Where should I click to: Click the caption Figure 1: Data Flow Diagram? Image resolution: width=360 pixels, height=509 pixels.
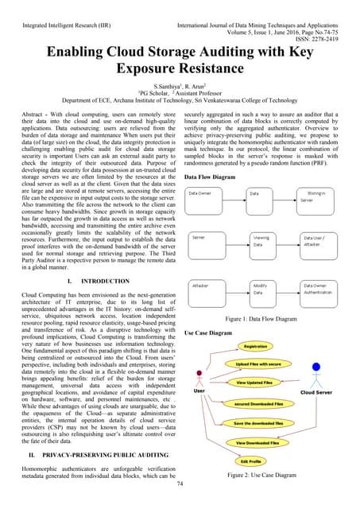[266, 318]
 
